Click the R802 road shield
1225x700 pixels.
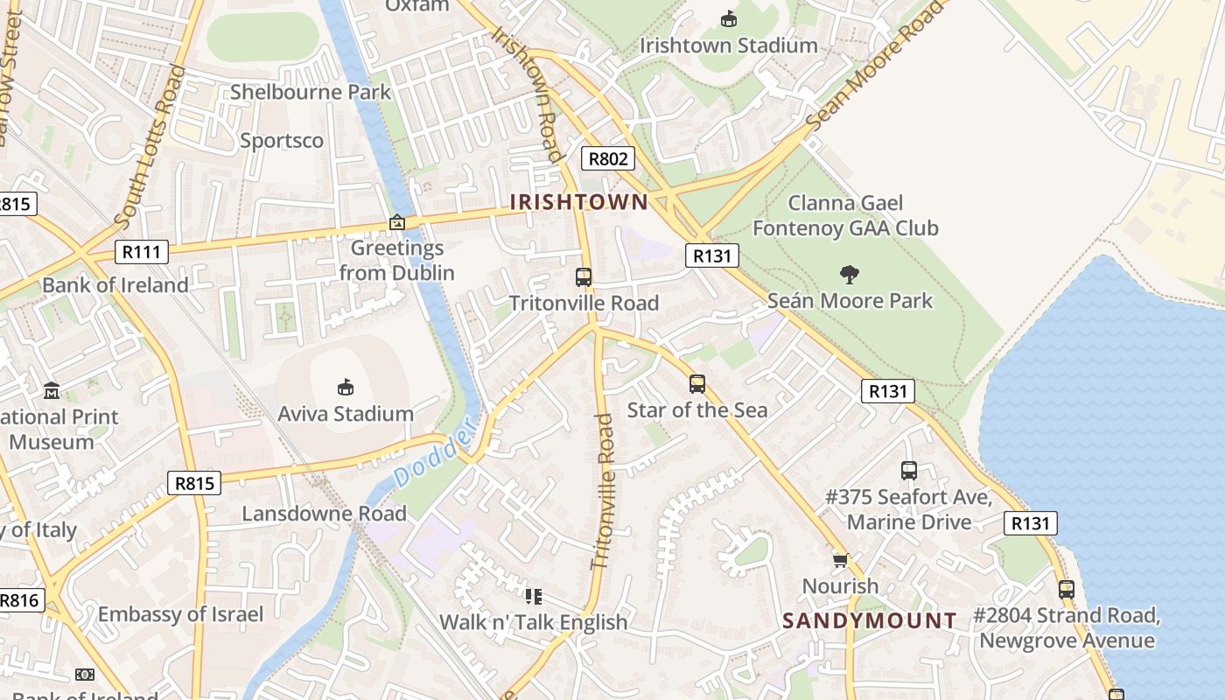point(607,158)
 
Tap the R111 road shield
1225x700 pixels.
point(141,253)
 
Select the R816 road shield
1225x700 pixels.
point(19,600)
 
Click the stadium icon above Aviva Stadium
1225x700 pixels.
point(346,387)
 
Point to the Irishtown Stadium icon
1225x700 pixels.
point(728,18)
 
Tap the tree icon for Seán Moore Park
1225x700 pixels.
point(848,275)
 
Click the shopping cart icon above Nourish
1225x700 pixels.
point(840,560)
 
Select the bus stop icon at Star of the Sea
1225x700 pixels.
point(696,383)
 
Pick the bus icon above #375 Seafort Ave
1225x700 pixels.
point(908,471)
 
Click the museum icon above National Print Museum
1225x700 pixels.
point(52,390)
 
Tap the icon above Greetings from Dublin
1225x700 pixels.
point(396,222)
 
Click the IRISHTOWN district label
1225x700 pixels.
point(579,202)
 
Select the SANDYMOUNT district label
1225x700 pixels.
point(869,621)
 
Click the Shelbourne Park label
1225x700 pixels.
point(311,92)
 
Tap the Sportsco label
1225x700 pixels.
point(281,141)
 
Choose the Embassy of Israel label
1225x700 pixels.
point(179,614)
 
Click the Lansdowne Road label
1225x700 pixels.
point(324,514)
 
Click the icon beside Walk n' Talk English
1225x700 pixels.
point(533,597)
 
